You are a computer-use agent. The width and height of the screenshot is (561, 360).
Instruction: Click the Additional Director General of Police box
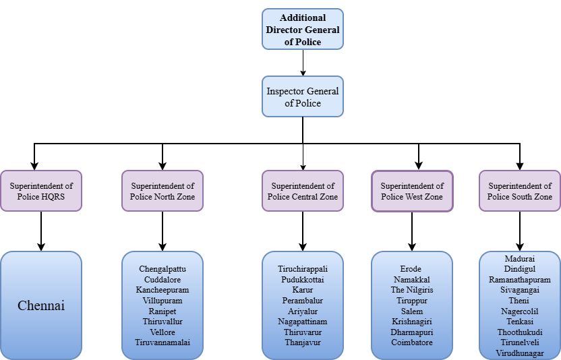(302, 29)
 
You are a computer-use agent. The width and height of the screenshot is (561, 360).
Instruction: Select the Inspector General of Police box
(302, 97)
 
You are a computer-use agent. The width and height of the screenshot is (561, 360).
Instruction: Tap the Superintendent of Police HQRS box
(41, 191)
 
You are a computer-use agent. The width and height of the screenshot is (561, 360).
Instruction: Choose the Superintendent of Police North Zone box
(163, 191)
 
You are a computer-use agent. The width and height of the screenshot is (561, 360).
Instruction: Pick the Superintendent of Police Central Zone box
(302, 191)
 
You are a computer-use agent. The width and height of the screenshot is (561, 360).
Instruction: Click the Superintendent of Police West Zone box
(412, 191)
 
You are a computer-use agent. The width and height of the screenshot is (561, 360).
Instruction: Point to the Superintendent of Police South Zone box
(519, 191)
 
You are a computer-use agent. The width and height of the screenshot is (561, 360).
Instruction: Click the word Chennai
(41, 305)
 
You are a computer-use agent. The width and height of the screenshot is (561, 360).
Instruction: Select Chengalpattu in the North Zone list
(163, 269)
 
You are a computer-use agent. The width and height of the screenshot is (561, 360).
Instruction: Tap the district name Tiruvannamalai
(163, 342)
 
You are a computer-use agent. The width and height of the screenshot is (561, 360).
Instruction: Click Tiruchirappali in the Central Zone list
(302, 269)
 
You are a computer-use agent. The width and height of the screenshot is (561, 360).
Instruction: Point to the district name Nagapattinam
(302, 322)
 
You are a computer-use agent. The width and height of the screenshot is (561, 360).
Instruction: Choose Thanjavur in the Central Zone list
(302, 342)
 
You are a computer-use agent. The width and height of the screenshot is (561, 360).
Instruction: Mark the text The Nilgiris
(412, 290)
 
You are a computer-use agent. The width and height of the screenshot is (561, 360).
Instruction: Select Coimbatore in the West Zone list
(412, 342)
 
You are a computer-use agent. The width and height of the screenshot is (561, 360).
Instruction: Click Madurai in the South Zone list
(519, 258)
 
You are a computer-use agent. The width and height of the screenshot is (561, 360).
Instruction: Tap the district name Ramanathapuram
(519, 279)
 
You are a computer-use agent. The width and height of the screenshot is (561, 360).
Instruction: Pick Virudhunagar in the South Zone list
(519, 353)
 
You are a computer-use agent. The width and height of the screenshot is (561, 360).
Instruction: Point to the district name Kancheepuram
(163, 290)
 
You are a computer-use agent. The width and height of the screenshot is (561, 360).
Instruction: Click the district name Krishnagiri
(412, 322)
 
